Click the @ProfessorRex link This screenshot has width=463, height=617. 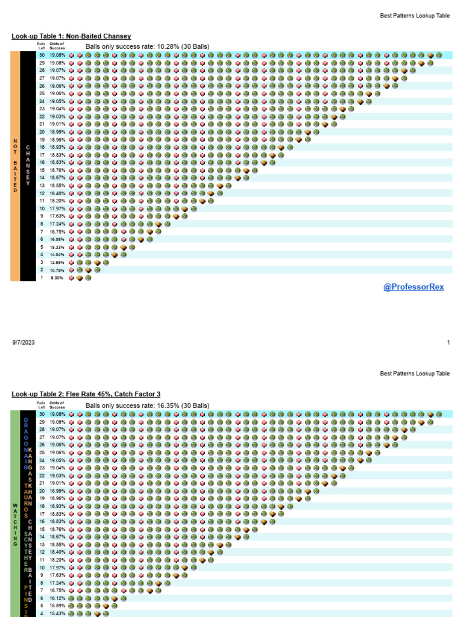tap(414, 287)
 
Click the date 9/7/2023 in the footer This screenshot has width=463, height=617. tap(23, 342)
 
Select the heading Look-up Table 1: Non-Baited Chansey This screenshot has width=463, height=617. tap(71, 36)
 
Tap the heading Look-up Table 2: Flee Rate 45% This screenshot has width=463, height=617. tap(86, 394)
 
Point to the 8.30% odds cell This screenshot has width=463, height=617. tap(57, 278)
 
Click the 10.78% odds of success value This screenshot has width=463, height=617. tap(57, 270)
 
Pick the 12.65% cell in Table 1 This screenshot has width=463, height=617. tap(57, 263)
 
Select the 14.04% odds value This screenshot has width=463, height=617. tap(57, 255)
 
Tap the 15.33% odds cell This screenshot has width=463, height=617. tap(57, 247)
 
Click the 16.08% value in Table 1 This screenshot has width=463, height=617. tap(57, 239)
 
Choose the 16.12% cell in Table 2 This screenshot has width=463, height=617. tap(57, 598)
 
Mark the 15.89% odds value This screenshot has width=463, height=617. tap(57, 606)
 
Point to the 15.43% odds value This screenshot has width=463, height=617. tap(57, 613)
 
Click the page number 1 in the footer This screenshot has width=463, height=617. tap(449, 342)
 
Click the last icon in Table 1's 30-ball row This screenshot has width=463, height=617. tap(439, 55)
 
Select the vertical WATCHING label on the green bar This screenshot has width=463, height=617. tap(15, 524)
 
